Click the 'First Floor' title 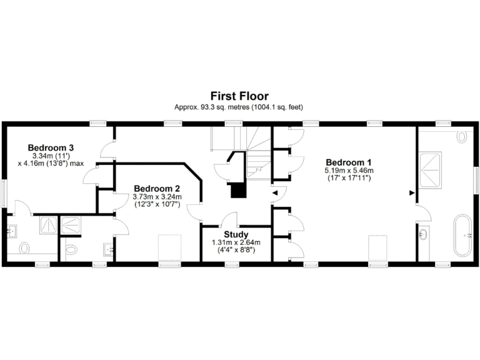[x=239, y=96]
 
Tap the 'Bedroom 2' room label [x=157, y=188]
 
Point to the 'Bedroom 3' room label [x=51, y=147]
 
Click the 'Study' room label [x=236, y=234]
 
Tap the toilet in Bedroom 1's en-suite [x=462, y=136]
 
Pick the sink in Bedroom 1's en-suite [x=424, y=234]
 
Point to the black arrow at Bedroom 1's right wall [x=411, y=193]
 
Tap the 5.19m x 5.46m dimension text [x=349, y=170]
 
